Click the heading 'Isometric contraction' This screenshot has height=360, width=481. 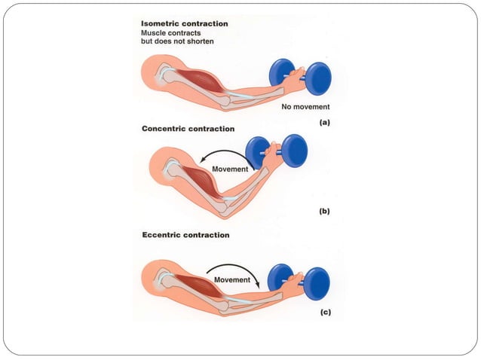tap(184, 24)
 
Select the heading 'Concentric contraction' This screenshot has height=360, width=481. tap(188, 129)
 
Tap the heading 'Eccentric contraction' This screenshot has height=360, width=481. tap(185, 235)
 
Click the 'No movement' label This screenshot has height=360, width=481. tap(305, 107)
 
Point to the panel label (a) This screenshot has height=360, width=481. tap(324, 120)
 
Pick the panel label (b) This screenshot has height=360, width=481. tap(324, 212)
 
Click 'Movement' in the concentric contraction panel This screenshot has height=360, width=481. tap(230, 169)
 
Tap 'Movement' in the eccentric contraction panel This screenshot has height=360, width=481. tap(232, 279)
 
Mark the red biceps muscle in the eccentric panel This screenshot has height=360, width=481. tap(198, 285)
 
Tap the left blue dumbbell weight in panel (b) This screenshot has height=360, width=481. tap(258, 152)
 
